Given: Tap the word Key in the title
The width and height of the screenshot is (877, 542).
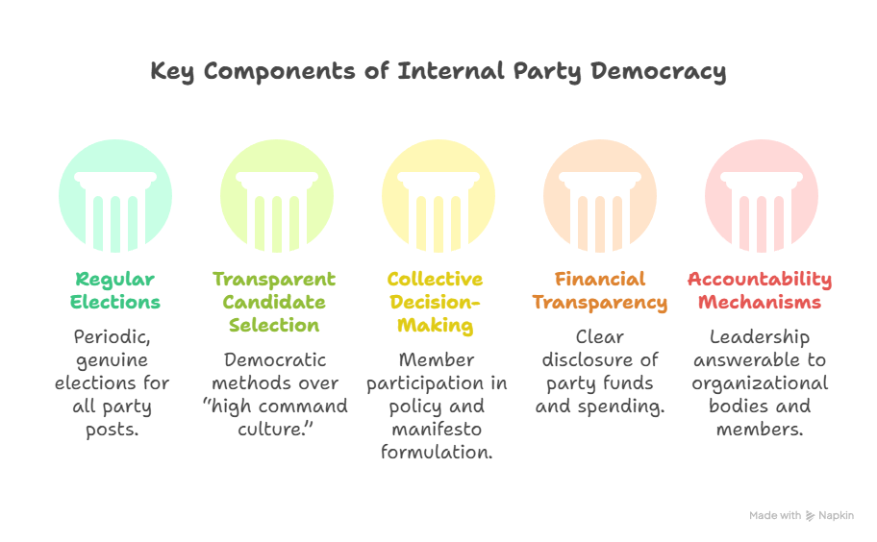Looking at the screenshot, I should coord(172,72).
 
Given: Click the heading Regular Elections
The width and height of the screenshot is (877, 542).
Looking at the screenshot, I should coord(115,290).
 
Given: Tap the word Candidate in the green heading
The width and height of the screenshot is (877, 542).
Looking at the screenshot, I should coord(273,302).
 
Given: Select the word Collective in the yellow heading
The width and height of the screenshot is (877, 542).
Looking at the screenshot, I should coord(435,279).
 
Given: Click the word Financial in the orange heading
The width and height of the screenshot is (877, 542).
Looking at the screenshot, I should coord(600,279).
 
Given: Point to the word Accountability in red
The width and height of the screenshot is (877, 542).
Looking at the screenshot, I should coord(760,279).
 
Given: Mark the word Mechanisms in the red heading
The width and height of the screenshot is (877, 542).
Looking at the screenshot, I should coord(760,302).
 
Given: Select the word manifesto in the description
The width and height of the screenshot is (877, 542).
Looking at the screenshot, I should coord(436,430).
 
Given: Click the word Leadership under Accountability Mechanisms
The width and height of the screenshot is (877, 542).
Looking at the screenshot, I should coord(760,337).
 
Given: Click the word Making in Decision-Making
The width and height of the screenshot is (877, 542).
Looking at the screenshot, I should coord(435,326).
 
